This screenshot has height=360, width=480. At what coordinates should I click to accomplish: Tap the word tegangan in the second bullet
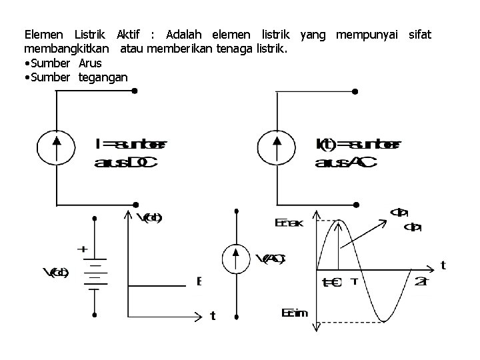103,77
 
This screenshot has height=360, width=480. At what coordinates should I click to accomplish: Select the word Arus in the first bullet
90,63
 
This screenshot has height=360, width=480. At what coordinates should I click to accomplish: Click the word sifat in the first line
420,33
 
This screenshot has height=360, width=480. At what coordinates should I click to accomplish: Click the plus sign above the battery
83,249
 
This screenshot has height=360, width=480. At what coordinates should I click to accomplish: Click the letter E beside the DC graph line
199,281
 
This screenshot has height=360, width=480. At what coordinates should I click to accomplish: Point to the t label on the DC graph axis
213,316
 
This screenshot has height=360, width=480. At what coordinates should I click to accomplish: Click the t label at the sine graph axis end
443,265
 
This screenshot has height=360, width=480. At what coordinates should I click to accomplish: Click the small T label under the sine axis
355,281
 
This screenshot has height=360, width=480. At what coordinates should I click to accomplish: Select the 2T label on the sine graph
421,281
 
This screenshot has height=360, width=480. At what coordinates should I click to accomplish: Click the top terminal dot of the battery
95,218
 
